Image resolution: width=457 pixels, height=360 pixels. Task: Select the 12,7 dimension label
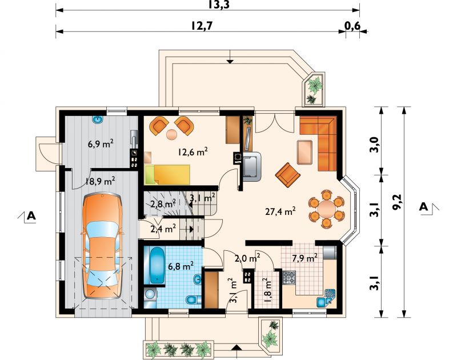(x=202, y=26)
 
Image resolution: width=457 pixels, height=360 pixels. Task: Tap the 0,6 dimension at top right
(x=352, y=26)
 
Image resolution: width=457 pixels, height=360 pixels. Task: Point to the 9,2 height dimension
(x=398, y=201)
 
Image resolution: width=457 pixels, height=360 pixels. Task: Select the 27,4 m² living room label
(x=280, y=211)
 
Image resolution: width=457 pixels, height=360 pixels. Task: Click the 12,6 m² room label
(x=193, y=152)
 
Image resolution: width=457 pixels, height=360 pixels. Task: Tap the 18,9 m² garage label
(x=100, y=181)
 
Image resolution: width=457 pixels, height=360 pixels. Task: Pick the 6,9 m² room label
(x=101, y=143)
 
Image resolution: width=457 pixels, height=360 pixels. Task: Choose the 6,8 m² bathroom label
(x=181, y=266)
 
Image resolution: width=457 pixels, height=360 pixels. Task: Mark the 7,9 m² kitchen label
(x=304, y=258)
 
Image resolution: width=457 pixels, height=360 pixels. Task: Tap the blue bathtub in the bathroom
(x=158, y=265)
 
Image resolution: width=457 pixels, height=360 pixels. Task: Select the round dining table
(x=326, y=209)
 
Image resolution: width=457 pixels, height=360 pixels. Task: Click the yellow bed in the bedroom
(x=167, y=175)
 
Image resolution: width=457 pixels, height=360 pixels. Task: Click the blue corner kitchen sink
(x=326, y=298)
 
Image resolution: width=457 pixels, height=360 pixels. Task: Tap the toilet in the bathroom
(x=193, y=299)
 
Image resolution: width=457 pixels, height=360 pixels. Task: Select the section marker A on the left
(x=31, y=215)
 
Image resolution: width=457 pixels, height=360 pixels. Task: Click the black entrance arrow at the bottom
(x=237, y=347)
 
